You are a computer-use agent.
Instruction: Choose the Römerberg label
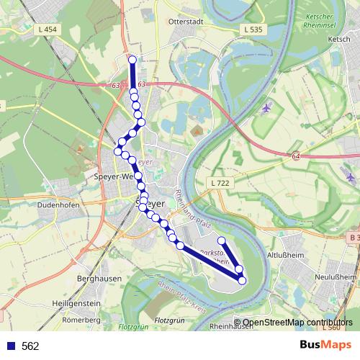pyautogui.click(x=80, y=319)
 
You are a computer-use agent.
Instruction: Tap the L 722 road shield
pyautogui.click(x=221, y=184)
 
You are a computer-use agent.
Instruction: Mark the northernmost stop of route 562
pyautogui.click(x=132, y=60)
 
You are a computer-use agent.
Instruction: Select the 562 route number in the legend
pyautogui.click(x=30, y=346)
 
